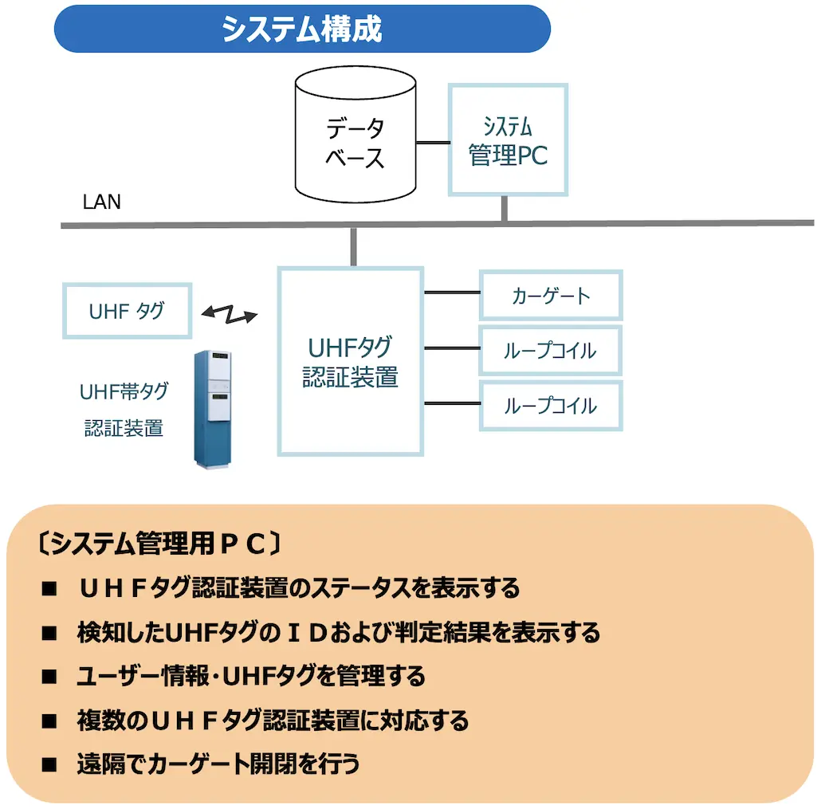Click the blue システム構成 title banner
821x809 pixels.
point(302,29)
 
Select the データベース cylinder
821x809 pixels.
point(355,135)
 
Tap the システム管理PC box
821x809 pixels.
point(508,139)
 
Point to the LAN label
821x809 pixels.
point(102,202)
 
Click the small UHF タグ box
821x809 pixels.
point(127,310)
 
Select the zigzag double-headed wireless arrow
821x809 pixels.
point(230,314)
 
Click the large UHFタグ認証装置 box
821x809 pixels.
point(350,361)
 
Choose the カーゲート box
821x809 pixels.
point(550,296)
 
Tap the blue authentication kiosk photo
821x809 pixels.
point(218,407)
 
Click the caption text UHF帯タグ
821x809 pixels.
point(124,392)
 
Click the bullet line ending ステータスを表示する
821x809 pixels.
point(298,588)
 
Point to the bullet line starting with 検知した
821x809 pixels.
point(338,633)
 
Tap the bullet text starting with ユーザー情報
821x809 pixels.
point(251,677)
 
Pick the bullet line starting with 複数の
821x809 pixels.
point(273,721)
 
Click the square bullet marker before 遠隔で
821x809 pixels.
point(50,765)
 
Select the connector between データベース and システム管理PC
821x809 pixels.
point(433,143)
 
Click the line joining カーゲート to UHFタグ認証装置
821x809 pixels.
point(451,293)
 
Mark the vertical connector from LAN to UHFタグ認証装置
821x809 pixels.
point(352,247)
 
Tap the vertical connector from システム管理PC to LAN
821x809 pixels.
point(504,208)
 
